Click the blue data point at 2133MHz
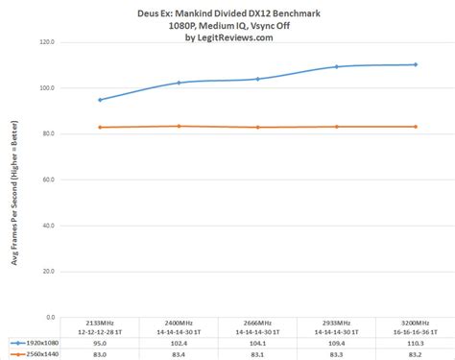point(100,100)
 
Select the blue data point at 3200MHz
point(415,64)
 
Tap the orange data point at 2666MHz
point(257,127)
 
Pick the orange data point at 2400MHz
point(179,126)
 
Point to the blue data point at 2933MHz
point(336,67)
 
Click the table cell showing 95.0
point(100,342)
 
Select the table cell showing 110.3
point(415,342)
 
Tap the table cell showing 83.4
point(179,355)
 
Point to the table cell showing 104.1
point(257,342)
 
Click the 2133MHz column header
point(100,323)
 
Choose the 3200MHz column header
point(415,323)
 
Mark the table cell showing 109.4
point(336,342)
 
